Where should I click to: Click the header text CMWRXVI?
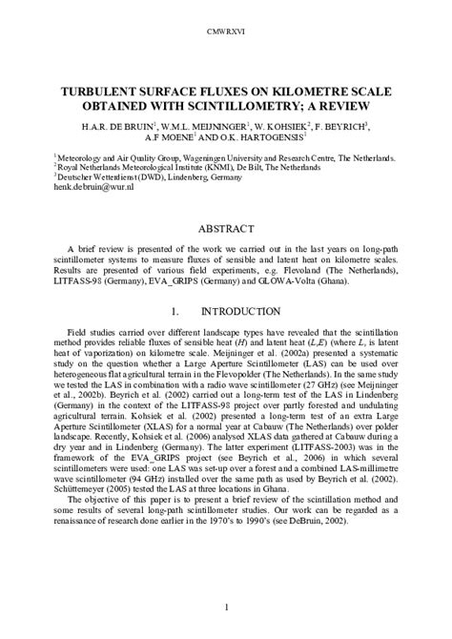(226, 32)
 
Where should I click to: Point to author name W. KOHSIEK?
(278, 127)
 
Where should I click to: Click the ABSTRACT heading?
(226, 229)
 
